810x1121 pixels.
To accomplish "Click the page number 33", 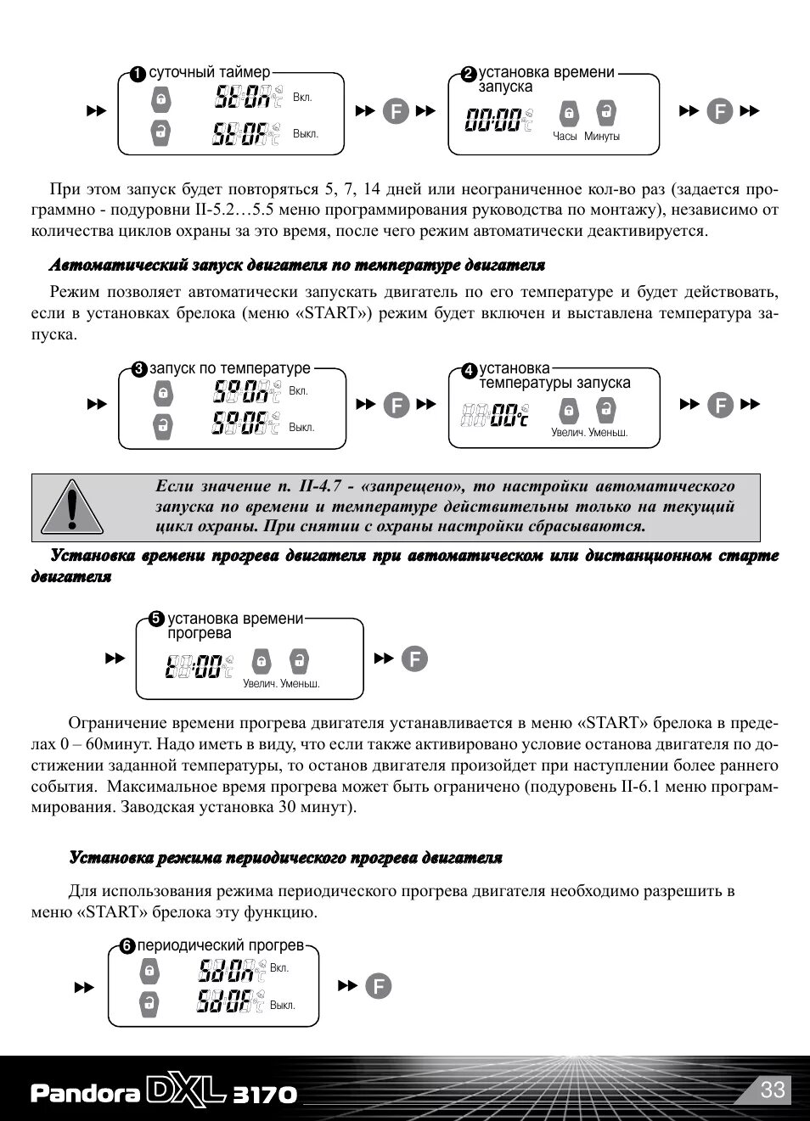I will [772, 1090].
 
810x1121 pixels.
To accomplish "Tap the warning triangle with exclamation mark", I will [72, 507].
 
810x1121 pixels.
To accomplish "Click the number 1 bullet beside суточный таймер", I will [138, 75].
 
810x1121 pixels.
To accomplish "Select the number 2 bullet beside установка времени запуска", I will [468, 75].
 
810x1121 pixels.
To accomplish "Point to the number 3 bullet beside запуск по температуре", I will [139, 369].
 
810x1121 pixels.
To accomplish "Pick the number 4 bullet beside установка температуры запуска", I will [470, 370].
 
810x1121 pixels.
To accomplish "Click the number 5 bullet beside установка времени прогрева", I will [156, 619].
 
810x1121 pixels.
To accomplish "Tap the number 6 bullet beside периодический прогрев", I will [127, 946].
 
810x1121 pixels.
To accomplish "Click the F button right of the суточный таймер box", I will [396, 111].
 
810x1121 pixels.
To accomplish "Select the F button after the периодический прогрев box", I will [379, 986].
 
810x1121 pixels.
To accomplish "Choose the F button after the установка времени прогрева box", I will [414, 659].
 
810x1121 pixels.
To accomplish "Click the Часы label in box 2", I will [565, 137].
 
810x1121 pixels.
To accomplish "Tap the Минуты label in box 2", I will [602, 137].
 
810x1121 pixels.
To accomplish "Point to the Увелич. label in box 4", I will [568, 433].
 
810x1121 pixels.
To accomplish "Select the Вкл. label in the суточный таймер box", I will [302, 98].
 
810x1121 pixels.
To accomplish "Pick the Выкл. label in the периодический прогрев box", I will [283, 1006].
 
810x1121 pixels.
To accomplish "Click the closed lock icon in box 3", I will [163, 393].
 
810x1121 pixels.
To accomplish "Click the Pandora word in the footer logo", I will [85, 1093].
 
